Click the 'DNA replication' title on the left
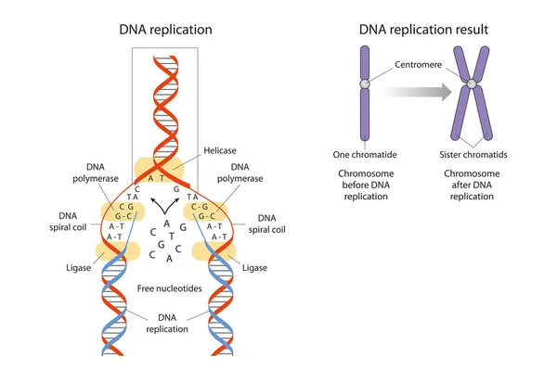point(166,30)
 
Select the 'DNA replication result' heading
point(424,30)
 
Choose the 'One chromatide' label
point(365,154)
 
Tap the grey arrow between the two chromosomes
point(418,91)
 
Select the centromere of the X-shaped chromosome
point(473,85)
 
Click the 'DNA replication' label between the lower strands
point(167,324)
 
